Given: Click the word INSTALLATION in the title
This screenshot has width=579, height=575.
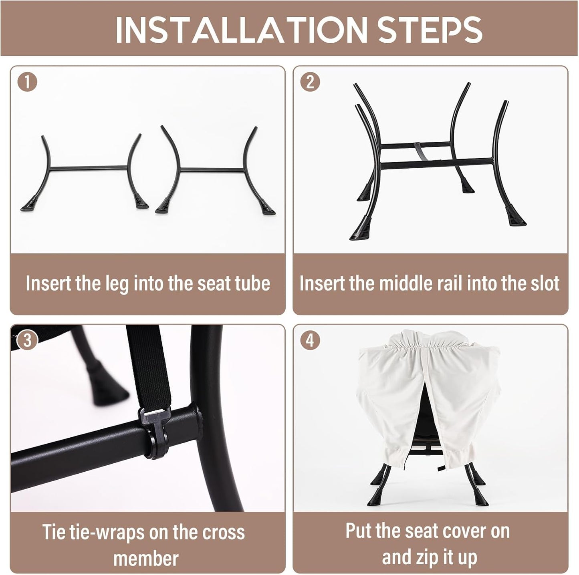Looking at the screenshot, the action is [x=241, y=30].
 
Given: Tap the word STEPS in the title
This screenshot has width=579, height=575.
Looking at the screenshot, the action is [x=430, y=30].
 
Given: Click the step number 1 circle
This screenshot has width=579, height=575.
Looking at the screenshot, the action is [x=27, y=82].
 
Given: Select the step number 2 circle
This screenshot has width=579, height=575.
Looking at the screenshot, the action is [x=311, y=82].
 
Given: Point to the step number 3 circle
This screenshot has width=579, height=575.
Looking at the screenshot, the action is [x=27, y=340].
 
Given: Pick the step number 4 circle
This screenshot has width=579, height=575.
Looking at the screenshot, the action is [x=311, y=340].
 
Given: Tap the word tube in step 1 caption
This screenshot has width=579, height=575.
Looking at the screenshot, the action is [x=252, y=283].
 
